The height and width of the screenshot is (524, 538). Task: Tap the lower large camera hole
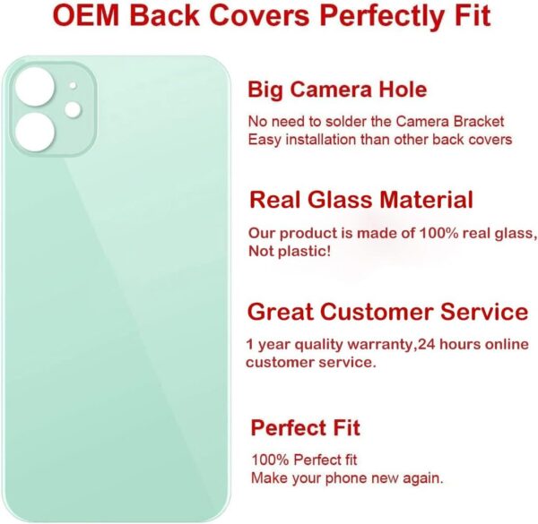pyautogui.click(x=33, y=130)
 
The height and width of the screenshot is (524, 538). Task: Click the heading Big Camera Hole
pyautogui.click(x=337, y=90)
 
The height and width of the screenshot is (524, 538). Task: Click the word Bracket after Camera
pyautogui.click(x=480, y=121)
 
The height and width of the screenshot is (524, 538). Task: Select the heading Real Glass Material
pyautogui.click(x=361, y=200)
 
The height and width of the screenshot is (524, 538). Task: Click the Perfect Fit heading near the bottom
pyautogui.click(x=306, y=427)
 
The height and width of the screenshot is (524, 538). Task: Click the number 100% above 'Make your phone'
pyautogui.click(x=267, y=460)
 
